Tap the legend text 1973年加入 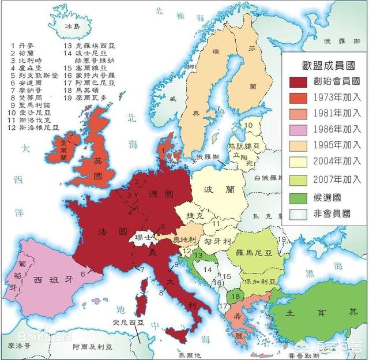coord(334,97)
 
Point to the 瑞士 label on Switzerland coord(141,237)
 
